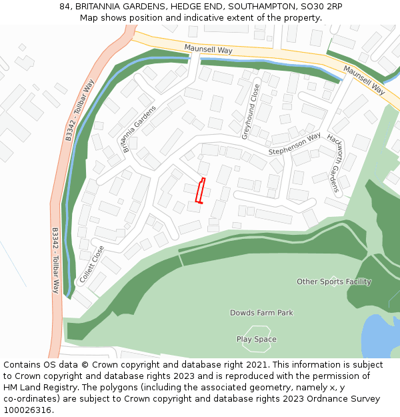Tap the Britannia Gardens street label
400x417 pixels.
point(139,129)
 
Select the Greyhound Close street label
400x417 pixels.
point(251,111)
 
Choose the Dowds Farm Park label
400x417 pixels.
point(261,313)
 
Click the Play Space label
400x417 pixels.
point(256,340)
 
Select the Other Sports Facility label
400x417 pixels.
point(333,282)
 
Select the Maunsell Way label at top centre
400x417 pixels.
point(209,49)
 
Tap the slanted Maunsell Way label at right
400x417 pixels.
point(365,79)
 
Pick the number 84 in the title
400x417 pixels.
point(65,6)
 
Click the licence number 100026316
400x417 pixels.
point(28,410)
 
